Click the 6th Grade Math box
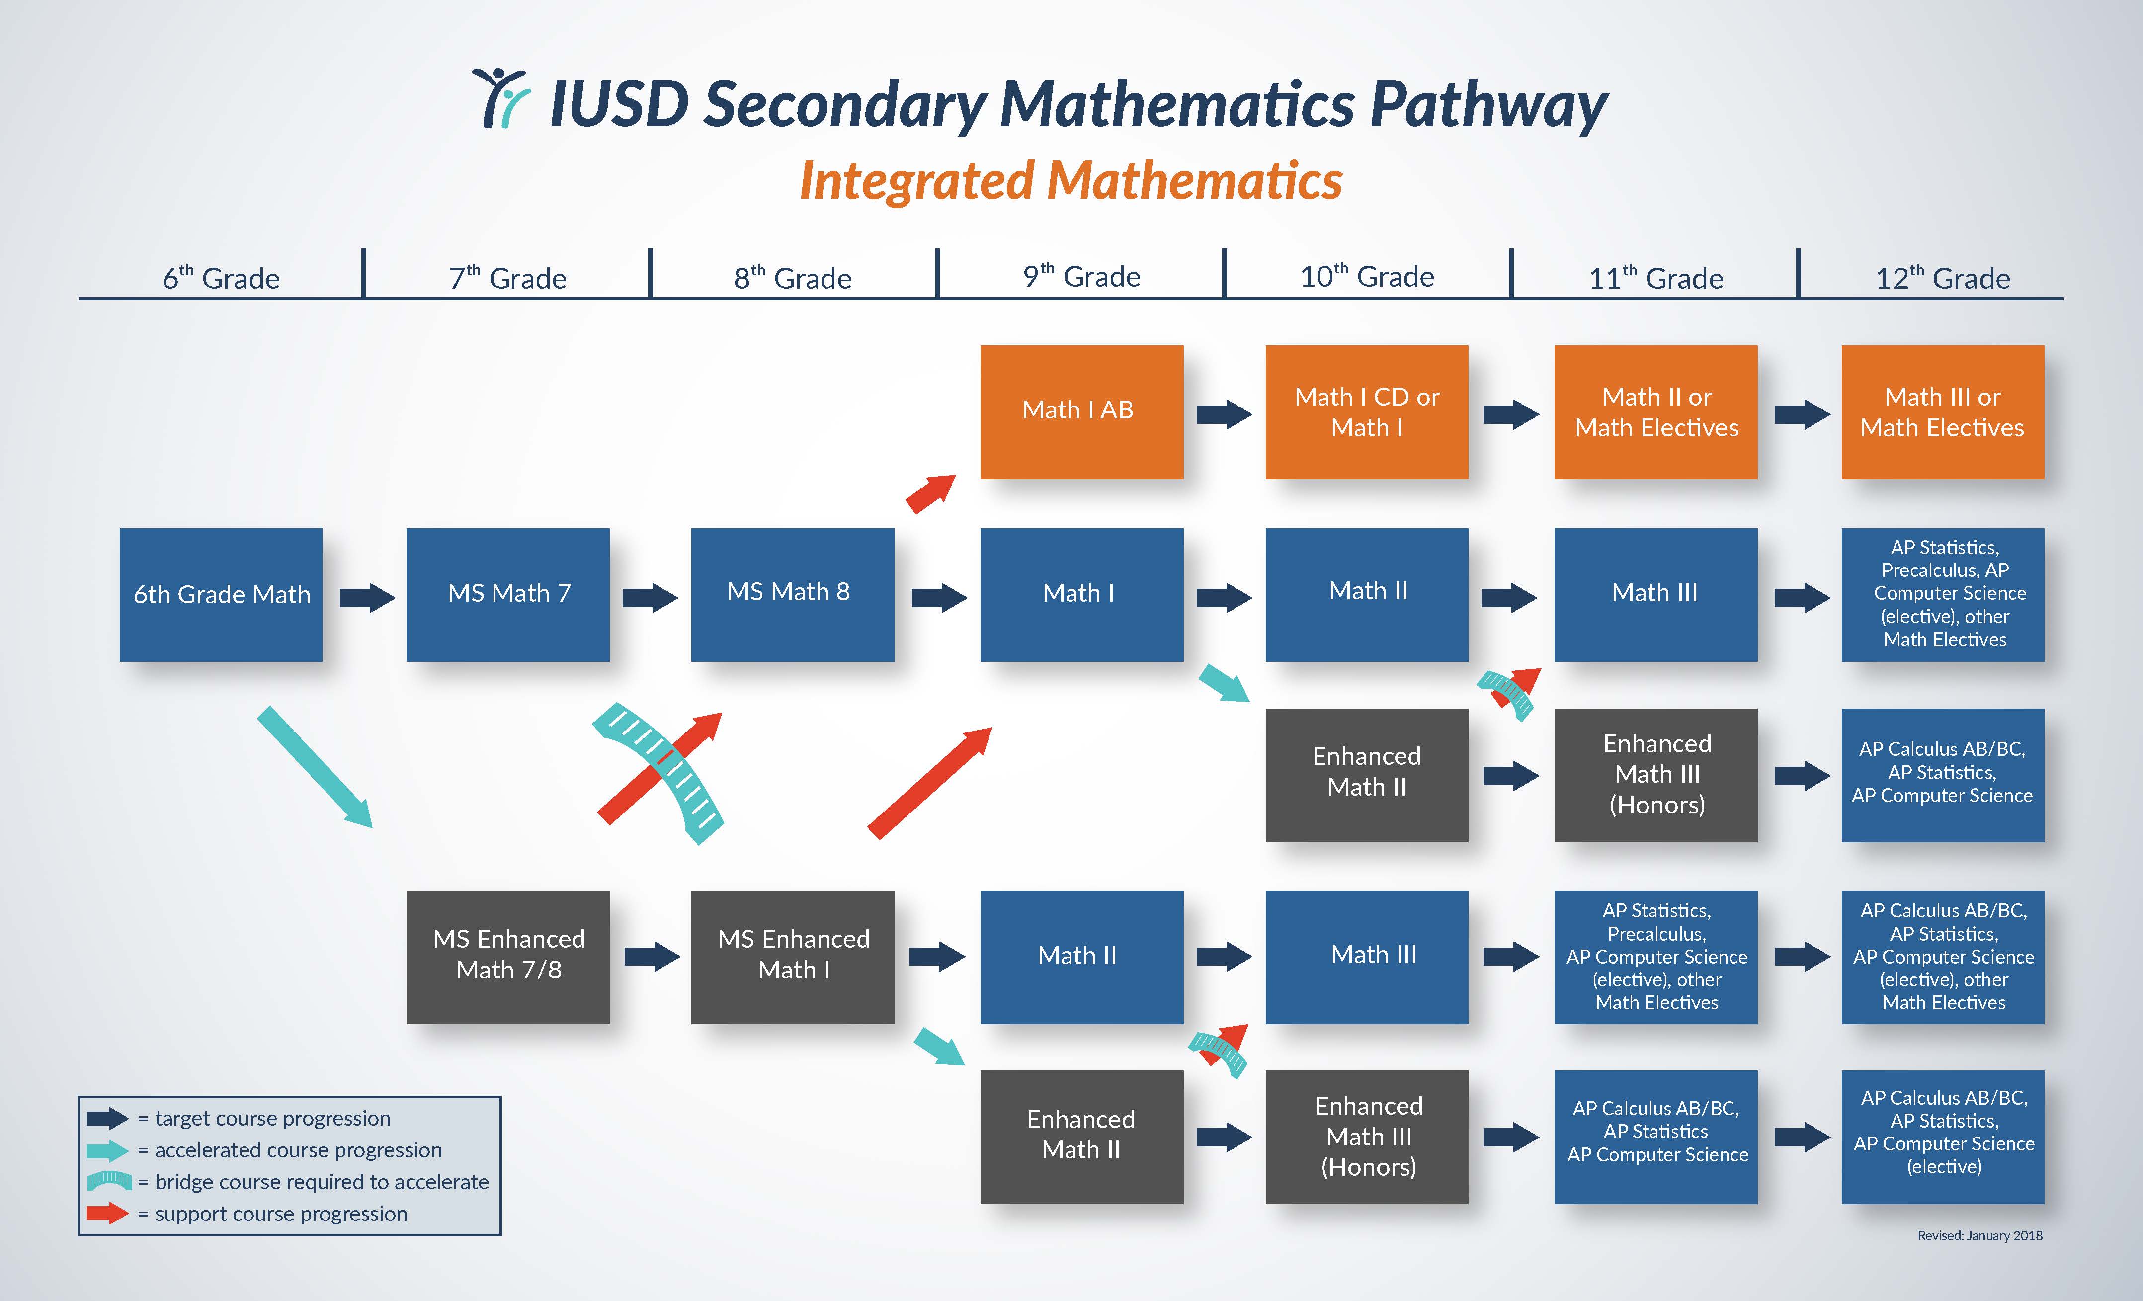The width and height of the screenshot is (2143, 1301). point(221,595)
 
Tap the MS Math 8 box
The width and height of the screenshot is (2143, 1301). point(792,595)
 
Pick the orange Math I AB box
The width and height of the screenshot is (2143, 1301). point(1081,411)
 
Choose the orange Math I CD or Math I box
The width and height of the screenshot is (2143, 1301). point(1366,411)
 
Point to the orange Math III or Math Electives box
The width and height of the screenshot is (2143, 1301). point(1942,411)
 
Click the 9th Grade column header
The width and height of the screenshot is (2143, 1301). point(1081,276)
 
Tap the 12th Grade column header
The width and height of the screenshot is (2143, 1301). point(1942,278)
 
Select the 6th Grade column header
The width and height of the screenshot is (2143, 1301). point(221,278)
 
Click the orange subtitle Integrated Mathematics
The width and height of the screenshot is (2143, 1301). point(1071,181)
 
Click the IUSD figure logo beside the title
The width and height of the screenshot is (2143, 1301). point(502,98)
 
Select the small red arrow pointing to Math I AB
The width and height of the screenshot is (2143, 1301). point(930,494)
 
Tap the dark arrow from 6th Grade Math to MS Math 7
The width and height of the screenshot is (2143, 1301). point(367,597)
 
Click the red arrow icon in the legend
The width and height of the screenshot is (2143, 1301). point(108,1213)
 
